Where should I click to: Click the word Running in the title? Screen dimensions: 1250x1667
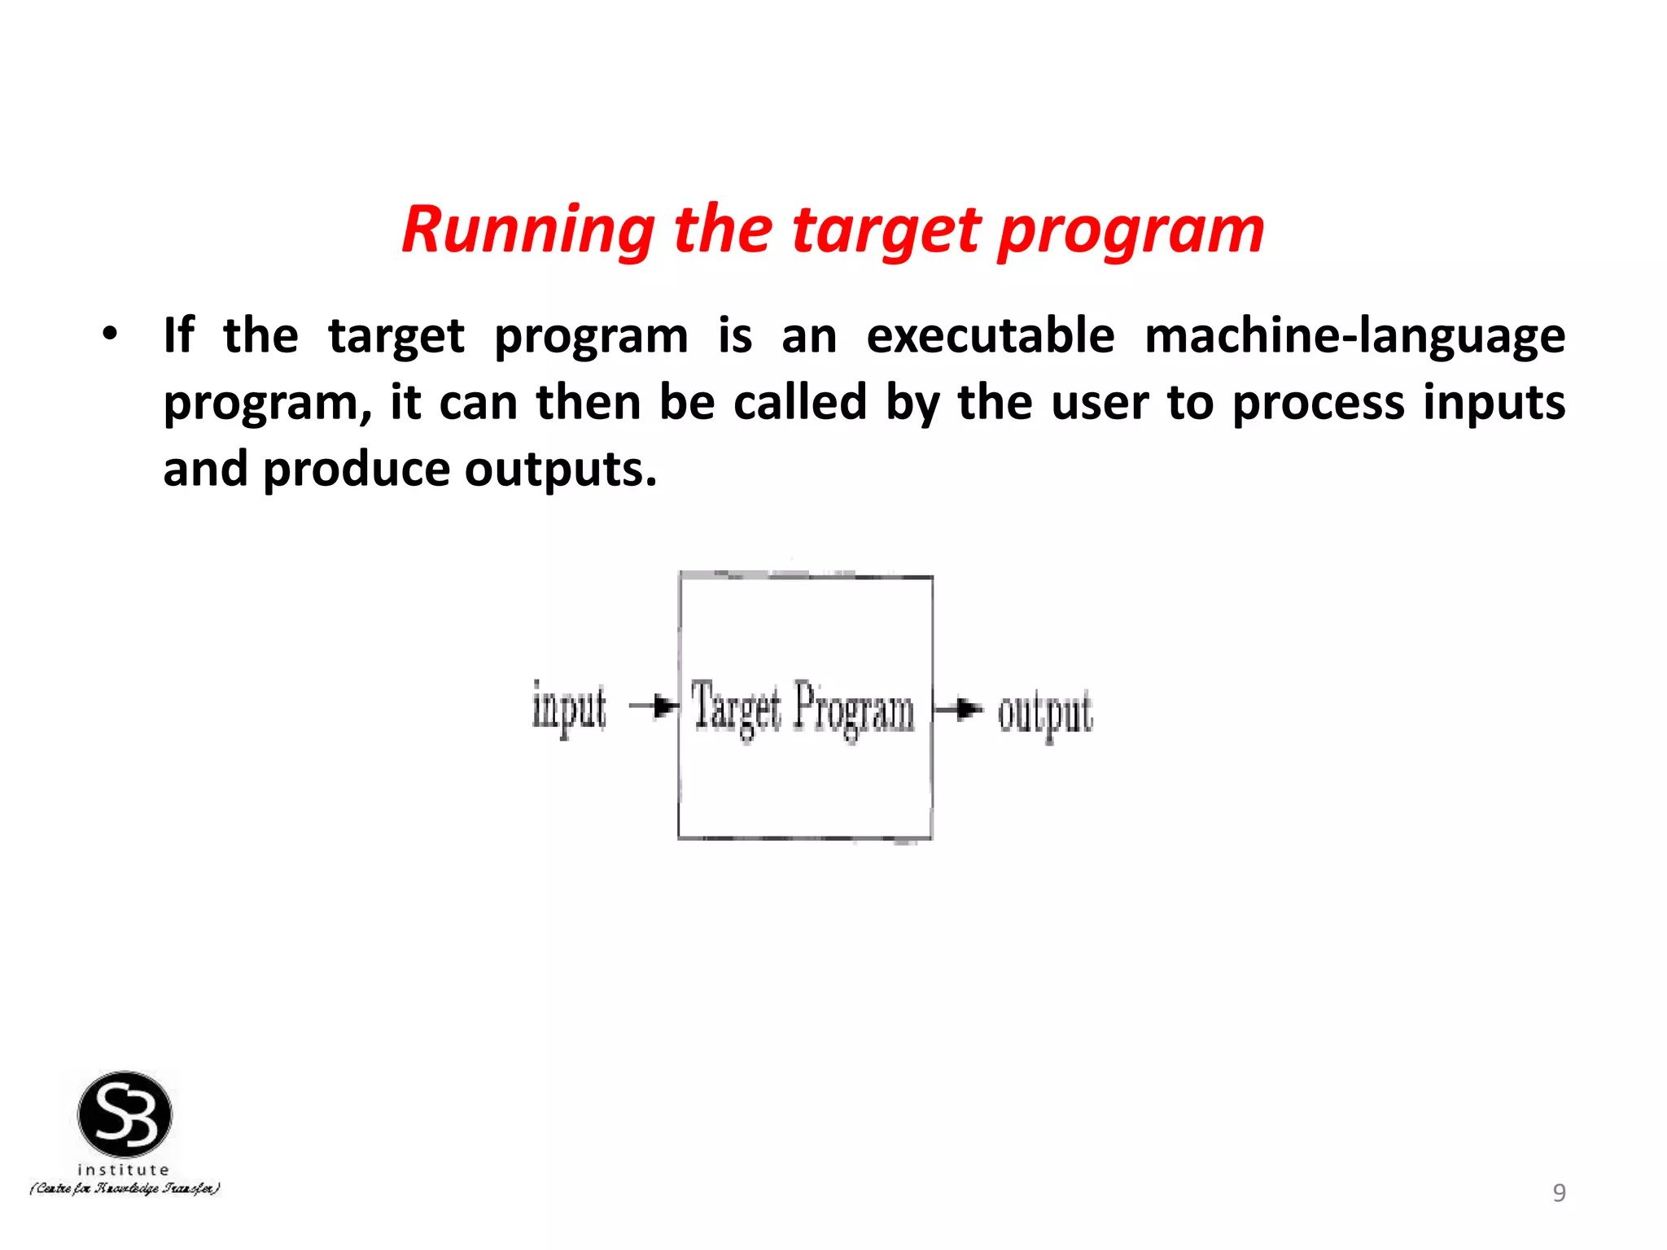[x=527, y=230]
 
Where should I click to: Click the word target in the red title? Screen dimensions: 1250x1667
[x=886, y=230]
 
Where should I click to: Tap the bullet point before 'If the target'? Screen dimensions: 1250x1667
[x=110, y=334]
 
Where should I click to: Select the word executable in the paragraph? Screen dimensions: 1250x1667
[x=990, y=336]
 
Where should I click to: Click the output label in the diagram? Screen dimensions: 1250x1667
[x=1045, y=714]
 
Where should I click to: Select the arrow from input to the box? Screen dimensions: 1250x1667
[x=654, y=706]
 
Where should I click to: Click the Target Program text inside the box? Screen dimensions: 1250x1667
[x=803, y=709]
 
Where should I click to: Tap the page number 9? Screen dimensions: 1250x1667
[x=1559, y=1192]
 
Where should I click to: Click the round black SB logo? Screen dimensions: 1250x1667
[x=125, y=1114]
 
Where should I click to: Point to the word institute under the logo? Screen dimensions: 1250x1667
[x=124, y=1169]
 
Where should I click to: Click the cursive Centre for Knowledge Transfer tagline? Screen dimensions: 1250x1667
[x=125, y=1189]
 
